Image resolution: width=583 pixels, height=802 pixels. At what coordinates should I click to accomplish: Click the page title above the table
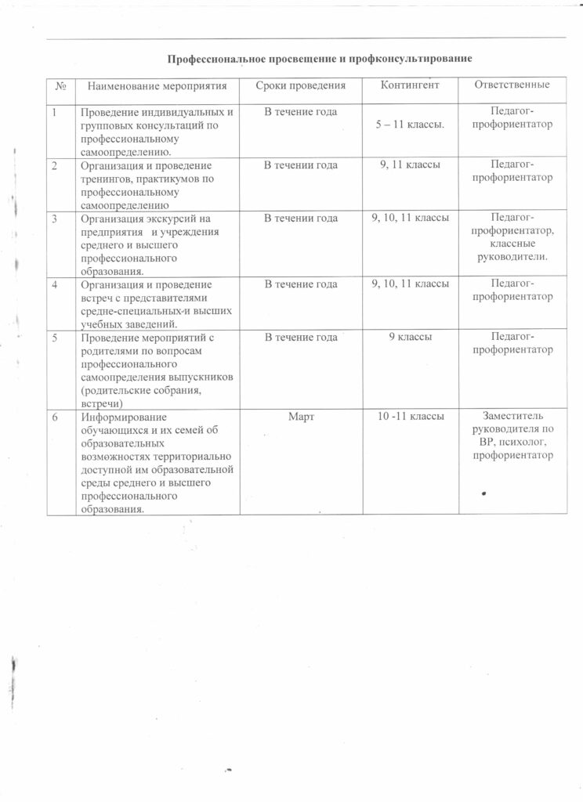[321, 60]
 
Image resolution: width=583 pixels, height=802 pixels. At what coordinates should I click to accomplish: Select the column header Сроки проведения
[300, 85]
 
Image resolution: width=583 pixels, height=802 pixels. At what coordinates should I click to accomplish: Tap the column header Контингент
[410, 84]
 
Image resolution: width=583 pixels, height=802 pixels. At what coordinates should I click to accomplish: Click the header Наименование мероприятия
[157, 85]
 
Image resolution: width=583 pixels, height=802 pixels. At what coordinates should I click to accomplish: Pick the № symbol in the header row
[60, 85]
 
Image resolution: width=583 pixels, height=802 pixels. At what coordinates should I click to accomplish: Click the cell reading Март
[301, 417]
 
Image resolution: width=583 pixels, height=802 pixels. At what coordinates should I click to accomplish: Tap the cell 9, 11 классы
[411, 164]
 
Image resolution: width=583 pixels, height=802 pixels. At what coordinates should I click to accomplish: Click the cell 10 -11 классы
[411, 417]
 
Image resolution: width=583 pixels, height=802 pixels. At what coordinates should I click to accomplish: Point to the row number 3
[55, 218]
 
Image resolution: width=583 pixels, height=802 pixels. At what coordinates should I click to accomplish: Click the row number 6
[55, 417]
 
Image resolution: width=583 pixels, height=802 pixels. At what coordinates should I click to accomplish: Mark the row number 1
[55, 112]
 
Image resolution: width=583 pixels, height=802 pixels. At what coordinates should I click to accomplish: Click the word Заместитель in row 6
[512, 417]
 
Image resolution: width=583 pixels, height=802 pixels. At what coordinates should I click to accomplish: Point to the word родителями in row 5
[110, 351]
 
